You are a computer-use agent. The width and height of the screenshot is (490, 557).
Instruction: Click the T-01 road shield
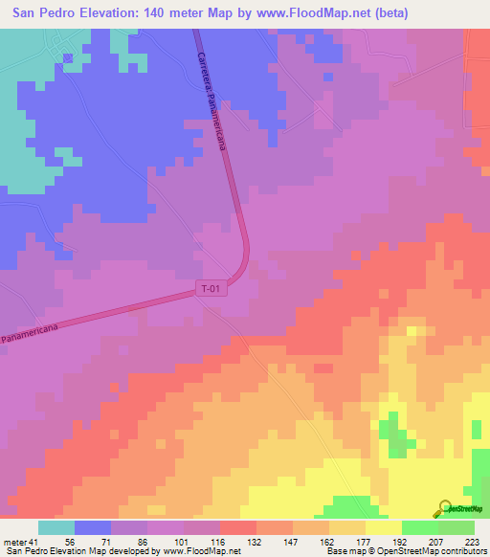(212, 287)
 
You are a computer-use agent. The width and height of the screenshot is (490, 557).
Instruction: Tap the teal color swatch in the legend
(56, 527)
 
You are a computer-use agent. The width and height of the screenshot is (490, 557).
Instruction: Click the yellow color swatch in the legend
(383, 527)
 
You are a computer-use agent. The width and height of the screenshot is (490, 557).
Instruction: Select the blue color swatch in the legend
(93, 527)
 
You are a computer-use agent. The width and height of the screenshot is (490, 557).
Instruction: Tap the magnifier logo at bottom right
(445, 507)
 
